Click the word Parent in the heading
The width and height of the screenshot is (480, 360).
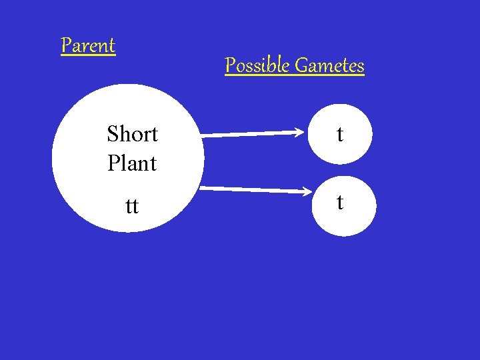click(88, 46)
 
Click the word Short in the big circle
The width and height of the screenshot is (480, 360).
click(132, 134)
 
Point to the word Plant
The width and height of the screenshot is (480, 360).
click(131, 163)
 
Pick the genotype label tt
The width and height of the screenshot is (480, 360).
click(132, 207)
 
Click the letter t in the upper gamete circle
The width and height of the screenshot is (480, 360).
click(340, 135)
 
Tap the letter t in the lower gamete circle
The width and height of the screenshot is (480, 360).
click(340, 202)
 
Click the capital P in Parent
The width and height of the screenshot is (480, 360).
click(66, 46)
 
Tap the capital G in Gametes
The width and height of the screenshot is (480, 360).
click(301, 66)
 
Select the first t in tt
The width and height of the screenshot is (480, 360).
click(129, 207)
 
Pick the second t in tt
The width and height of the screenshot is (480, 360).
click(135, 207)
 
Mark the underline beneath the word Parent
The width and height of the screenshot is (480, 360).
click(88, 56)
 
